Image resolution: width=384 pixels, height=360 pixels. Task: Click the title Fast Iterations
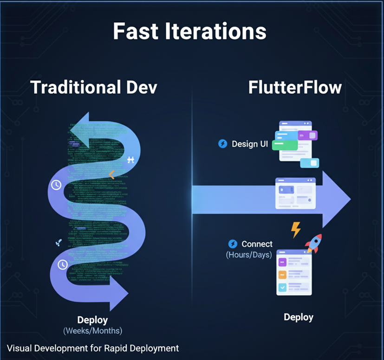[x=189, y=31]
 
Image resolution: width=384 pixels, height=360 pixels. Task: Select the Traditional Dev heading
[x=94, y=87]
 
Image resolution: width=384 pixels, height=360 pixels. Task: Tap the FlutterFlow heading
[x=295, y=87]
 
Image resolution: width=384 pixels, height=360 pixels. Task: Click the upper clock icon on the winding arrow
[x=56, y=185]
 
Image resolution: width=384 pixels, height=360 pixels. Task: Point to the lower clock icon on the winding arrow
[x=63, y=265]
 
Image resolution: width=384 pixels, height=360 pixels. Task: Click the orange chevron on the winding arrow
[x=111, y=174]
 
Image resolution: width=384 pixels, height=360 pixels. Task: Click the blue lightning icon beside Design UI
[x=223, y=144]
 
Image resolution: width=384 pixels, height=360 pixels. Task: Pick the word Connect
[x=257, y=244]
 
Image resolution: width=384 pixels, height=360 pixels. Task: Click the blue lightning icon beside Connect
[x=233, y=244]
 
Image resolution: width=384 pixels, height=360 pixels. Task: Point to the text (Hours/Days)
[x=249, y=254]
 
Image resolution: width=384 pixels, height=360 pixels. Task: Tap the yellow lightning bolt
[x=295, y=229]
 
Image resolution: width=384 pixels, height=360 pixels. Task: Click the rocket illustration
[x=313, y=243]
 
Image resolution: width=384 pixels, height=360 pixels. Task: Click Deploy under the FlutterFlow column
[x=299, y=317]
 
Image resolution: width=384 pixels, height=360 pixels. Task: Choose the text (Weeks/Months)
[x=92, y=331]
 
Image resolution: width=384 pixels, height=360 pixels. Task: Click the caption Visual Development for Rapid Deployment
[x=93, y=348]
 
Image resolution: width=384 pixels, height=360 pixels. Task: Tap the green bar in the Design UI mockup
[x=285, y=145]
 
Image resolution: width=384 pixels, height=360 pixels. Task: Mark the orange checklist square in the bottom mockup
[x=282, y=275]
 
